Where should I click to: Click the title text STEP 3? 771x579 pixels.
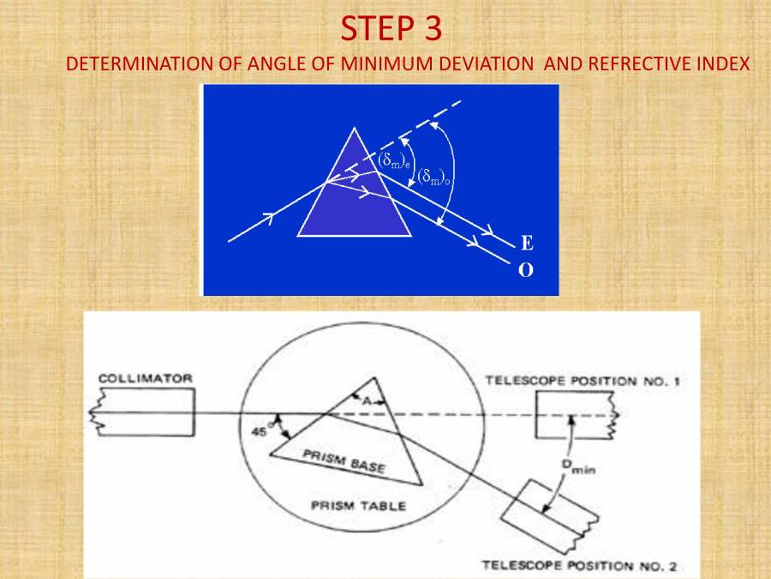click(391, 29)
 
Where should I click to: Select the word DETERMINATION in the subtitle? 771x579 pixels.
click(130, 65)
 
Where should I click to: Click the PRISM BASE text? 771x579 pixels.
click(344, 462)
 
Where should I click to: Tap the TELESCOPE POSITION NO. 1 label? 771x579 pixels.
click(582, 381)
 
